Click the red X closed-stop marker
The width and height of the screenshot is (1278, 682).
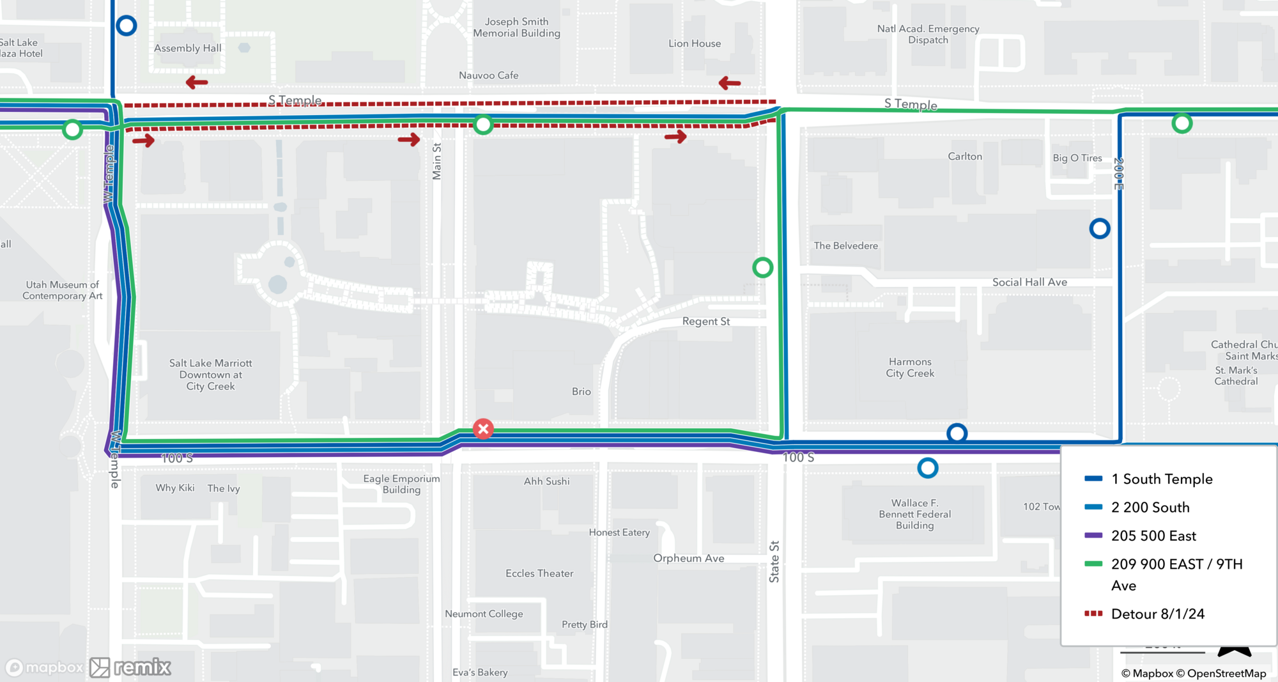(x=483, y=429)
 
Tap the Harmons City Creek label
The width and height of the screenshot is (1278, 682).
(x=910, y=368)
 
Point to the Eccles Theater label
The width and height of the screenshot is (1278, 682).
(x=539, y=573)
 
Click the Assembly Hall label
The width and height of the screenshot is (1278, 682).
(x=187, y=48)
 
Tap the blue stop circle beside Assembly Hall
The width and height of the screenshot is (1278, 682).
(x=127, y=26)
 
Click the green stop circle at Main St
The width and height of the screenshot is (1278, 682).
(x=483, y=125)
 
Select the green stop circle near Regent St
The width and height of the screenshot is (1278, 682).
(x=762, y=267)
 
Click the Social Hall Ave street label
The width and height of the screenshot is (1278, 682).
(x=1029, y=282)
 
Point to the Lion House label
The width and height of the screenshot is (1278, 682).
(x=695, y=43)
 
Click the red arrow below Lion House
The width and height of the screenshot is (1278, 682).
(x=729, y=83)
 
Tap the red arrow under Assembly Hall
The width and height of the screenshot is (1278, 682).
(x=197, y=82)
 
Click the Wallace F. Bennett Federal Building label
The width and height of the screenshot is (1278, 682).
(x=914, y=514)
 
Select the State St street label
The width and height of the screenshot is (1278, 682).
(x=774, y=561)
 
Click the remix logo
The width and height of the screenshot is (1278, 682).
(x=131, y=667)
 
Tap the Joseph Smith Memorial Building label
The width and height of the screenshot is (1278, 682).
(x=516, y=27)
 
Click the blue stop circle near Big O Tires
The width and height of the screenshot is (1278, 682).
(x=1099, y=228)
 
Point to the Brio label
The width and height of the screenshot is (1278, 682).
(x=581, y=391)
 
